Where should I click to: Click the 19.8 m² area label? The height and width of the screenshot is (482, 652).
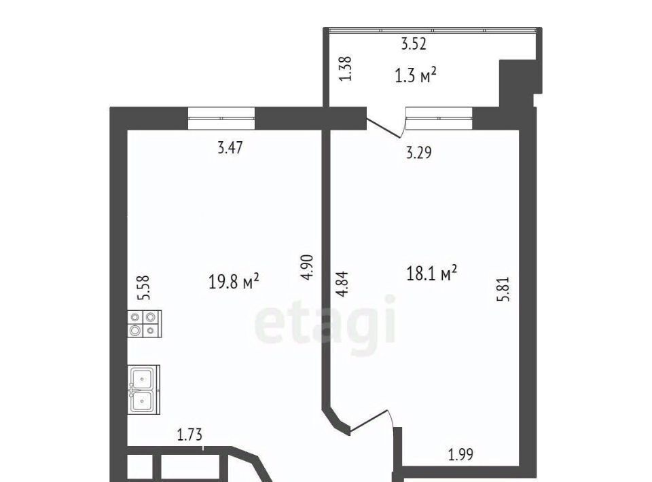tap(234, 281)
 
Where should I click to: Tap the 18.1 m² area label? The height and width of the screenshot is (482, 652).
tap(432, 273)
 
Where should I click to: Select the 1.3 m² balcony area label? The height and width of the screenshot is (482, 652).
tap(416, 75)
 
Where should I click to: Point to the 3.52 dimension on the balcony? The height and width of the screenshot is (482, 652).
tap(414, 43)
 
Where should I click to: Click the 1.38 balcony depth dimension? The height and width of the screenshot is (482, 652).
tap(346, 69)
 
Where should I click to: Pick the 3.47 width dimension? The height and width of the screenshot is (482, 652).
tap(230, 147)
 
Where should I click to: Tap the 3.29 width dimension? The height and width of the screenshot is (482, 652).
tap(419, 153)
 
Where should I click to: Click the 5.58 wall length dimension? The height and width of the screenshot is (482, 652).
tap(143, 288)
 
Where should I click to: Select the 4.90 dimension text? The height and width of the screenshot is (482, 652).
tap(307, 267)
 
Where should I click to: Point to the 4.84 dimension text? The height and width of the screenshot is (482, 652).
tap(342, 284)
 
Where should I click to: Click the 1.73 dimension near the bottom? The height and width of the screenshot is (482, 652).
tap(189, 434)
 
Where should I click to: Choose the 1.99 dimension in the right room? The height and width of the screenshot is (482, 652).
tap(460, 454)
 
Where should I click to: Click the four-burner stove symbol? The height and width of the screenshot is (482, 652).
tap(144, 324)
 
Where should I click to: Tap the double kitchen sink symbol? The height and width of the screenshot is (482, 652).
tap(143, 389)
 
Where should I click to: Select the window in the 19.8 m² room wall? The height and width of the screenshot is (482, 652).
tap(221, 118)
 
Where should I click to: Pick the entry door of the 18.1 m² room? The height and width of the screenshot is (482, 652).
tap(371, 422)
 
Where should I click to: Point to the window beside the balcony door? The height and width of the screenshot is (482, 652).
tap(439, 118)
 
